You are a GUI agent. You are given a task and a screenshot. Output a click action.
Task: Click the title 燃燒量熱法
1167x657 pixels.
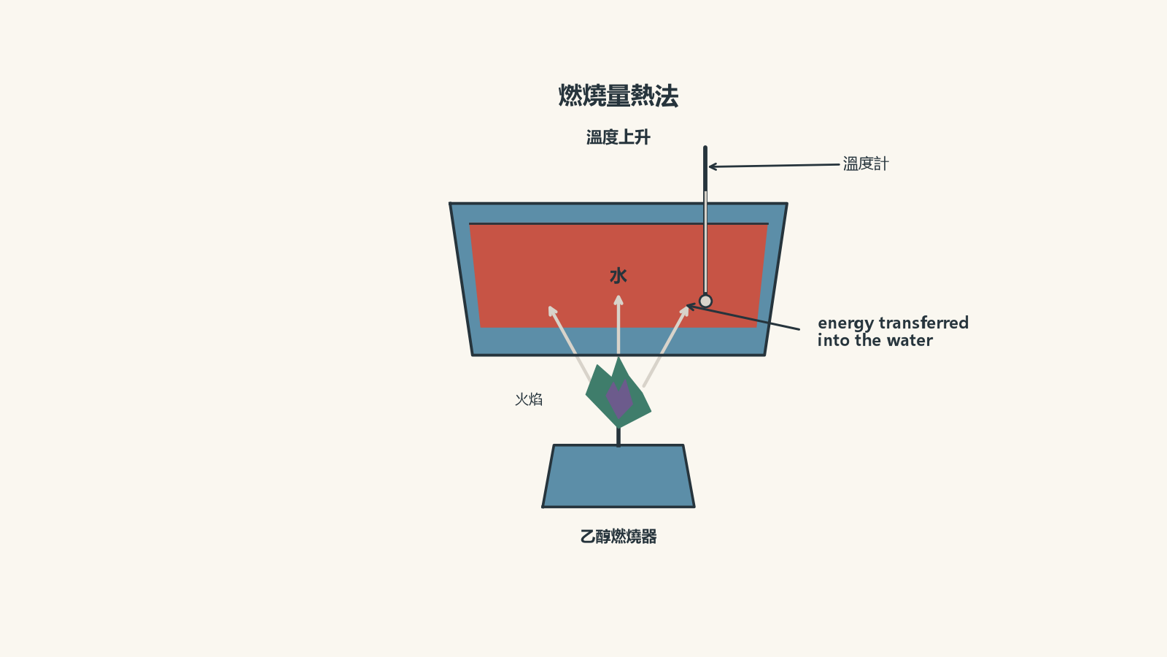click(x=619, y=96)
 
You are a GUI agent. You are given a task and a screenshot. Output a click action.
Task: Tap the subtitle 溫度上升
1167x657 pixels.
click(x=619, y=137)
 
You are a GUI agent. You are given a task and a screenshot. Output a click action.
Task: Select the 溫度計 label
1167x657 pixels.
click(x=866, y=164)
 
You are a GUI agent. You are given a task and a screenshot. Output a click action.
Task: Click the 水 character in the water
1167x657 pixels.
click(x=619, y=276)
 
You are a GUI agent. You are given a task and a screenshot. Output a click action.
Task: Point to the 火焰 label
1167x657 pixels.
click(x=529, y=399)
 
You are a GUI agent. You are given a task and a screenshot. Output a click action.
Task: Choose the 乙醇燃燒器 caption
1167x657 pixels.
click(x=619, y=536)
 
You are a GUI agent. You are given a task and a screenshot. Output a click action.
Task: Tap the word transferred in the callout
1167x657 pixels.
click(x=923, y=323)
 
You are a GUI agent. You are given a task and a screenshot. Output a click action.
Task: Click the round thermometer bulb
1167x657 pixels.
click(x=705, y=301)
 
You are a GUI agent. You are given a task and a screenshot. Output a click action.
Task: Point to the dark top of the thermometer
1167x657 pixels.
click(x=705, y=169)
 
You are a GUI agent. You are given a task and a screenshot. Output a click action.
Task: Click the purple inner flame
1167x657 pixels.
click(x=619, y=399)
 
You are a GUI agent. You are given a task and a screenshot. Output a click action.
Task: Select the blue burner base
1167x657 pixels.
click(x=619, y=476)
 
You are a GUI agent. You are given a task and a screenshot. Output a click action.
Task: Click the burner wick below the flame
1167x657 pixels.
click(x=619, y=437)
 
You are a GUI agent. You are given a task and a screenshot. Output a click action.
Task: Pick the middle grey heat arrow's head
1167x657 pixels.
click(x=619, y=301)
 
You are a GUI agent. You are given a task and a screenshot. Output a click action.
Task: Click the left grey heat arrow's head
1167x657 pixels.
click(x=553, y=311)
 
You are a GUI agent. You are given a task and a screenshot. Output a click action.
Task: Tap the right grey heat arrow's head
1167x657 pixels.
click(x=684, y=311)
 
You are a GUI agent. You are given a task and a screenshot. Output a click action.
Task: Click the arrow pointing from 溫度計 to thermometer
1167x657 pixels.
click(x=774, y=166)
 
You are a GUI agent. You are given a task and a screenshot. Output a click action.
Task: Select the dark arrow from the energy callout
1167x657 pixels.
click(x=743, y=318)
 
